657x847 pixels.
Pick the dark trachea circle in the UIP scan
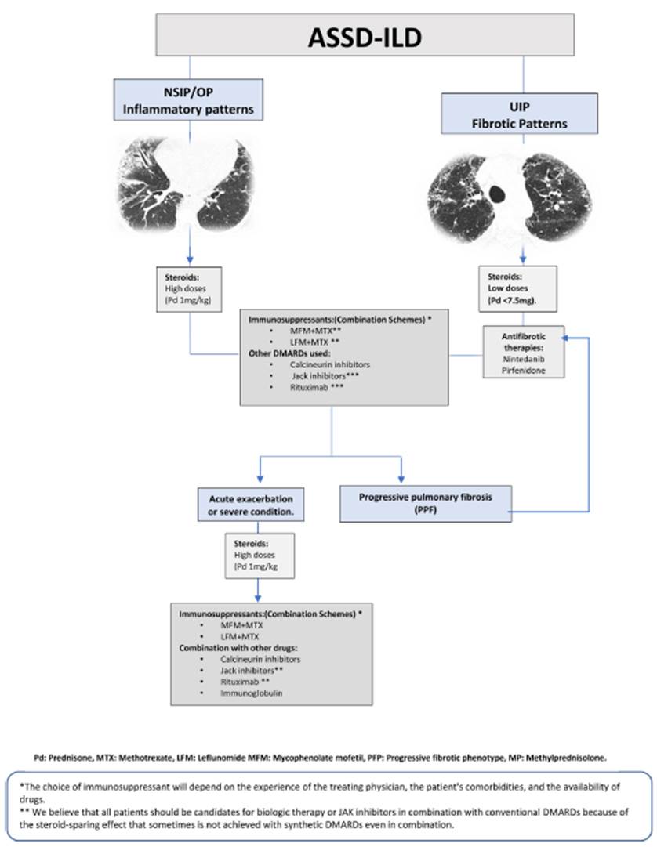[x=497, y=192]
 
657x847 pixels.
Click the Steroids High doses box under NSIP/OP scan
[x=191, y=286]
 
